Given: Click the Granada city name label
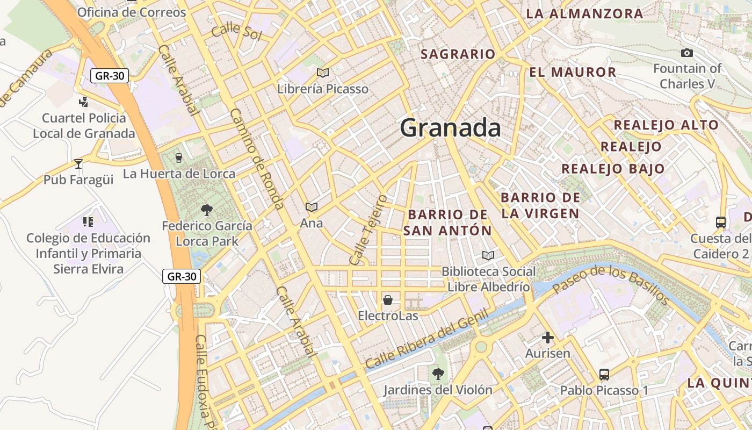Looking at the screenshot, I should click(x=450, y=128).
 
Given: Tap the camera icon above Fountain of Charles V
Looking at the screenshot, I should click(x=686, y=53).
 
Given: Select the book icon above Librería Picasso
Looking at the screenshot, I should click(x=323, y=73).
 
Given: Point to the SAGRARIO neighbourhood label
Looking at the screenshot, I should click(x=458, y=54).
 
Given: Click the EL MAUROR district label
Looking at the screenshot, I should click(x=573, y=72).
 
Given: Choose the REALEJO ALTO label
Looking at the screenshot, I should click(x=666, y=125).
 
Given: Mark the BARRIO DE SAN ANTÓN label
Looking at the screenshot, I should click(x=447, y=223).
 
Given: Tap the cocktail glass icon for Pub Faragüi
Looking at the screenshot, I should click(x=78, y=163).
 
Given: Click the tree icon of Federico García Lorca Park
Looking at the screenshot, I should click(x=206, y=210).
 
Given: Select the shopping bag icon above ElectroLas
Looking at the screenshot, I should click(x=388, y=299).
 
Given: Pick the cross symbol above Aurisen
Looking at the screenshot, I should click(x=547, y=338).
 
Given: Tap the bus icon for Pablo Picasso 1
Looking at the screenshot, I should click(x=604, y=374).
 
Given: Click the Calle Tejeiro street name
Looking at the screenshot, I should click(x=368, y=230).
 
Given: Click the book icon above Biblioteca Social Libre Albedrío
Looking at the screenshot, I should click(x=488, y=255).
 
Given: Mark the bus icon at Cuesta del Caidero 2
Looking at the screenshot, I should click(x=721, y=222).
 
